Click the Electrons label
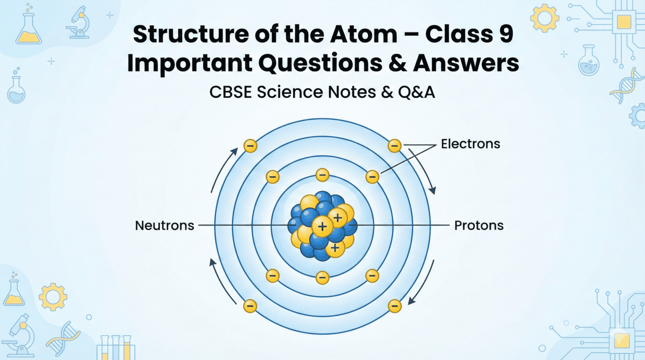470,144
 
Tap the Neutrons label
164,226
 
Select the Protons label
479,226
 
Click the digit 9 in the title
506,34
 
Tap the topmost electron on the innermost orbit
322,175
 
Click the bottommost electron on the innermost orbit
322,277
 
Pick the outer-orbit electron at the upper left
250,146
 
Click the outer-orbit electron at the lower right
394,306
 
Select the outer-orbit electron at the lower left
250,306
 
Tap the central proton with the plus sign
322,227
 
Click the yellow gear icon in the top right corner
544,18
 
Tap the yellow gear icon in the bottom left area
53,297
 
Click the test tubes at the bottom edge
115,347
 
